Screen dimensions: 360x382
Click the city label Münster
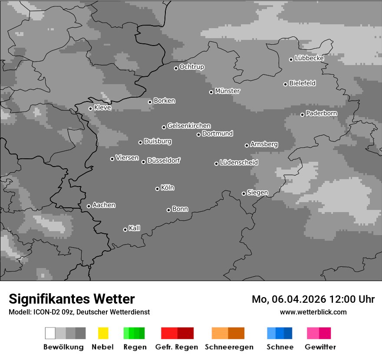(x=227, y=91)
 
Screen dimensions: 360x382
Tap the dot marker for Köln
(x=157, y=189)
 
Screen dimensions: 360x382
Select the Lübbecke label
(x=309, y=58)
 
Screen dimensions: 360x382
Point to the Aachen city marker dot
(x=89, y=206)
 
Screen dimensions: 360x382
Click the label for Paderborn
(x=321, y=113)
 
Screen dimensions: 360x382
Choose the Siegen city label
(x=257, y=193)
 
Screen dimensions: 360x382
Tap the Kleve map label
(x=102, y=108)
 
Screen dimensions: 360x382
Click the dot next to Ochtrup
(x=176, y=68)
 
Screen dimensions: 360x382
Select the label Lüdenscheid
(x=239, y=163)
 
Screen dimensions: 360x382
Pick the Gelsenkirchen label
(x=189, y=126)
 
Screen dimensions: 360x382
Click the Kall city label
(x=134, y=228)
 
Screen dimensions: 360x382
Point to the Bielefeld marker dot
(x=286, y=84)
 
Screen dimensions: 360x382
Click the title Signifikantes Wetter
(x=72, y=299)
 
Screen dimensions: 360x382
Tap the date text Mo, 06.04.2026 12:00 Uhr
(x=313, y=299)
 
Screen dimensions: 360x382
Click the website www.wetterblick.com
(x=313, y=312)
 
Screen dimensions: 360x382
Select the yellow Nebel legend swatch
(x=103, y=333)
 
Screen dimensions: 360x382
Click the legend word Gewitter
(x=320, y=347)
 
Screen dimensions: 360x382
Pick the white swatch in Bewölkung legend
(x=50, y=333)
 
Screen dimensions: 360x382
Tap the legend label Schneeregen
(x=229, y=347)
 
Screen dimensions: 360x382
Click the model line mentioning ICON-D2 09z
(x=79, y=312)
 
